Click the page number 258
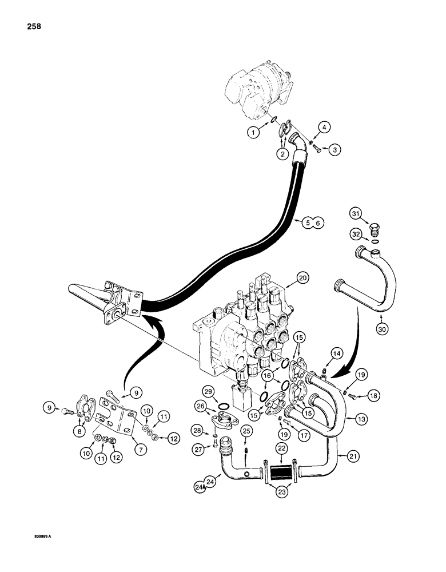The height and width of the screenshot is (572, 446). point(33,27)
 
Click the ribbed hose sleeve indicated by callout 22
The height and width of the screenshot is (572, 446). point(281,474)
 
